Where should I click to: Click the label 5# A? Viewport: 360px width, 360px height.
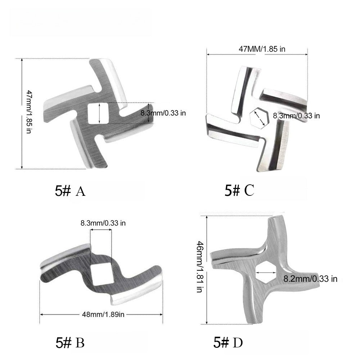click(70, 191)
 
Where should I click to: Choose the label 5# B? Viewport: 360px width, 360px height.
click(70, 343)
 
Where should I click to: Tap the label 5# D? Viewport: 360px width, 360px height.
click(228, 343)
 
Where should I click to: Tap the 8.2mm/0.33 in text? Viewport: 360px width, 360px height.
click(310, 279)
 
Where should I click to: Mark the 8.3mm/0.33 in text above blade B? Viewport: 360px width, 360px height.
click(103, 223)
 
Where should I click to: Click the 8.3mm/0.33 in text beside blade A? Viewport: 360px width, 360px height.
click(163, 113)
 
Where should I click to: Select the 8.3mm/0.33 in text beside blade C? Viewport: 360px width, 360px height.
click(296, 116)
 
